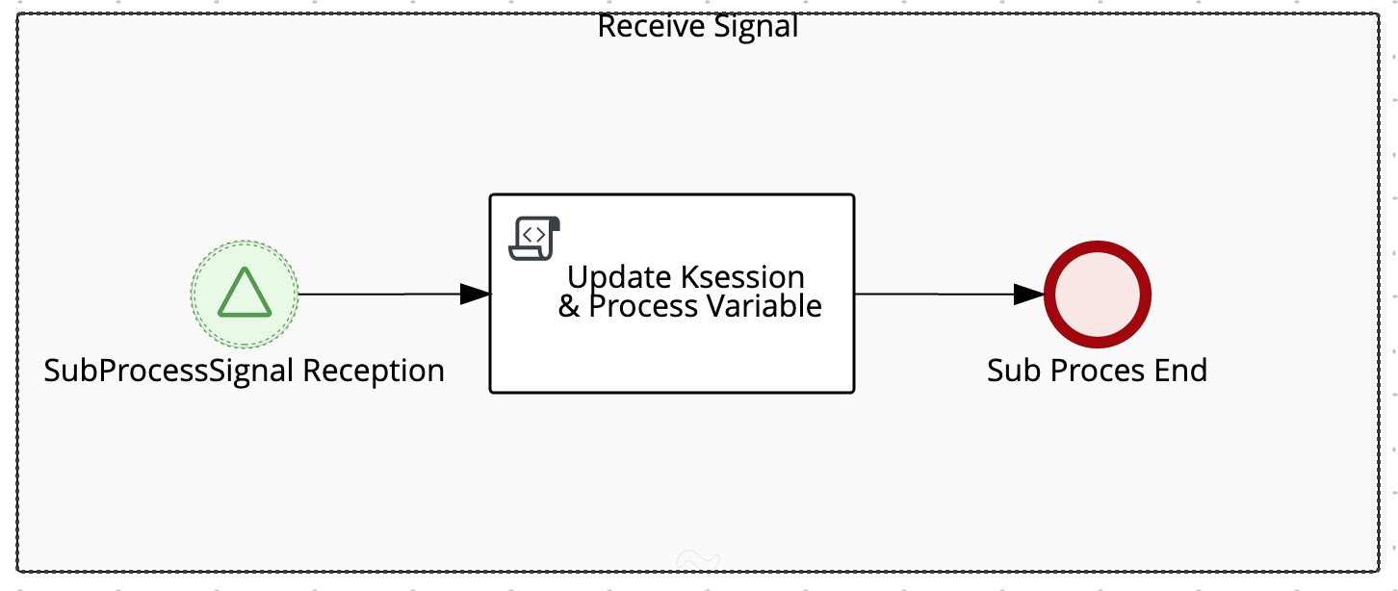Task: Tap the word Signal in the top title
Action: pos(755,26)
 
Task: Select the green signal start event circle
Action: pos(245,294)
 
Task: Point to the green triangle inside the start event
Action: pos(244,293)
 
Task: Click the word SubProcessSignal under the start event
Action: pos(169,371)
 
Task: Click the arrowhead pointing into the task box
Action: pos(476,295)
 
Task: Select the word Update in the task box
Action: pos(619,277)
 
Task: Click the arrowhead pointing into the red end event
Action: pos(1029,295)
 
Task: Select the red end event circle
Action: pos(1098,295)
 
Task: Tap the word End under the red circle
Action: pos(1183,371)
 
